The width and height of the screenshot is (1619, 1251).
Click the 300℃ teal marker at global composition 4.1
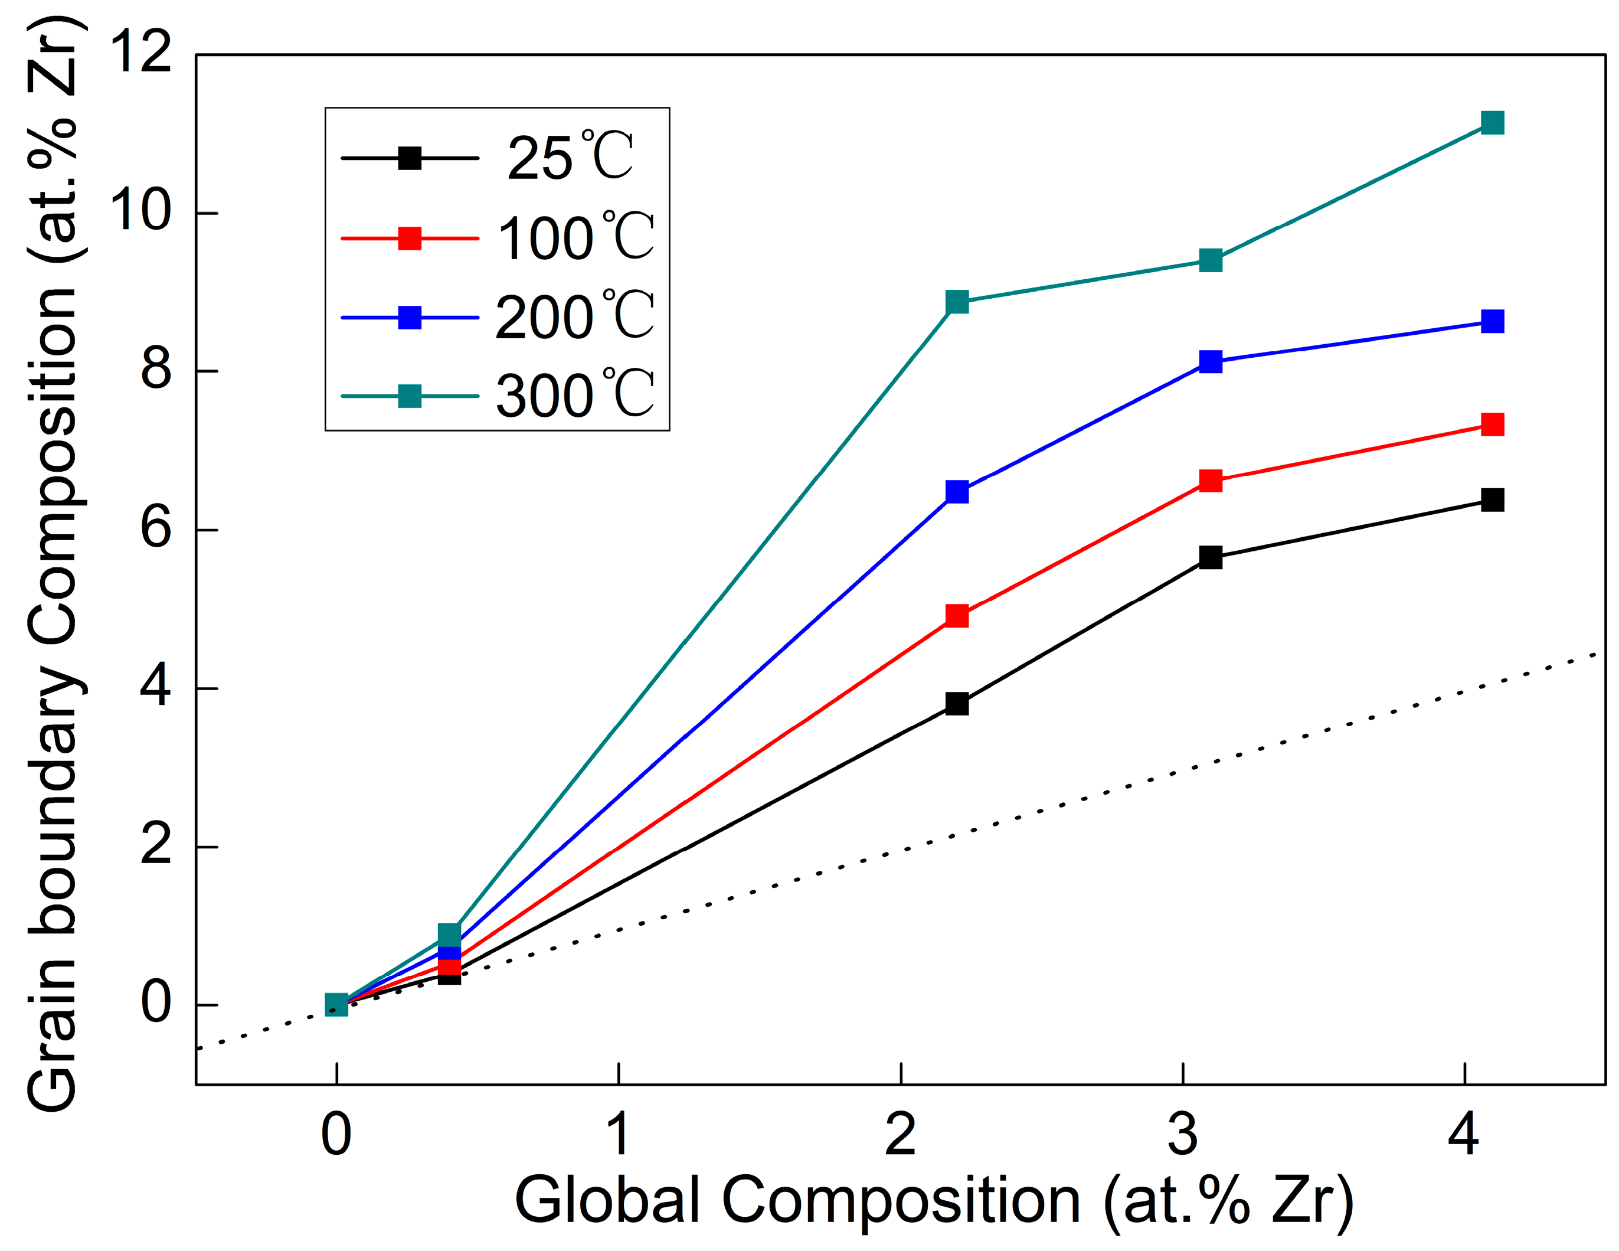(1492, 122)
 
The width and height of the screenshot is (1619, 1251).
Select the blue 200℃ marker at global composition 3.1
(1210, 362)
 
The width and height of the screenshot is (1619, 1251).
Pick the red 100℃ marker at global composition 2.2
(957, 616)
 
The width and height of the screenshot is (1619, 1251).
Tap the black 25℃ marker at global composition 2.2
(957, 703)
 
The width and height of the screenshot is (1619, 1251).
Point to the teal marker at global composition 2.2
(957, 302)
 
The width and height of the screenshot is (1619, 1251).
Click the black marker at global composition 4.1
(1492, 500)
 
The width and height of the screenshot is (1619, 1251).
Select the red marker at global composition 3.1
(1210, 481)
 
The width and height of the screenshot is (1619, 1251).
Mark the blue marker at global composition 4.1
(1492, 321)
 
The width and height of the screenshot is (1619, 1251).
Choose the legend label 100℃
(575, 237)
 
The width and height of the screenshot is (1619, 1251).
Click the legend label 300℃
(575, 395)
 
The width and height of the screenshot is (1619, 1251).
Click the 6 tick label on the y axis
(156, 530)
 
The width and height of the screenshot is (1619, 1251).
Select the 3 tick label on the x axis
(1182, 1135)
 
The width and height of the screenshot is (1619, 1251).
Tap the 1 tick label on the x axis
(618, 1135)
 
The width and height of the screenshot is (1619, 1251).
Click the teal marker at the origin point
(336, 1005)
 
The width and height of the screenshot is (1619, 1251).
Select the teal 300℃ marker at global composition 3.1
(1210, 260)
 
